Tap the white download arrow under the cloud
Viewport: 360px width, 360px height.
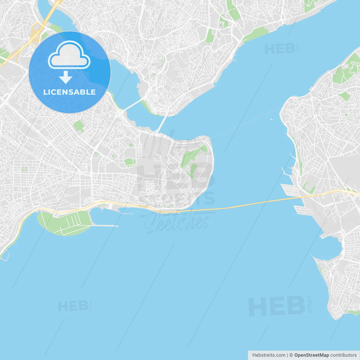pyautogui.click(x=66, y=77)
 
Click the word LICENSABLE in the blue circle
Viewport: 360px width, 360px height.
pyautogui.click(x=69, y=92)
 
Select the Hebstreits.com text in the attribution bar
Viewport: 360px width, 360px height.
pyautogui.click(x=269, y=355)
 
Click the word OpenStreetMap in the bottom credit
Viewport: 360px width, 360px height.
pyautogui.click(x=311, y=355)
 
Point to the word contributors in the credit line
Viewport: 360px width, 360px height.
pyautogui.click(x=343, y=355)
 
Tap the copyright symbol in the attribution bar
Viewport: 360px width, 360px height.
pyautogui.click(x=291, y=355)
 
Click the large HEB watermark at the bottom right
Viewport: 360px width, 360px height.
pyautogui.click(x=277, y=306)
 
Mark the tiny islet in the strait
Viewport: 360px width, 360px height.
pyautogui.click(x=271, y=119)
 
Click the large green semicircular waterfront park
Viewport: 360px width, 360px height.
pyautogui.click(x=65, y=224)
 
